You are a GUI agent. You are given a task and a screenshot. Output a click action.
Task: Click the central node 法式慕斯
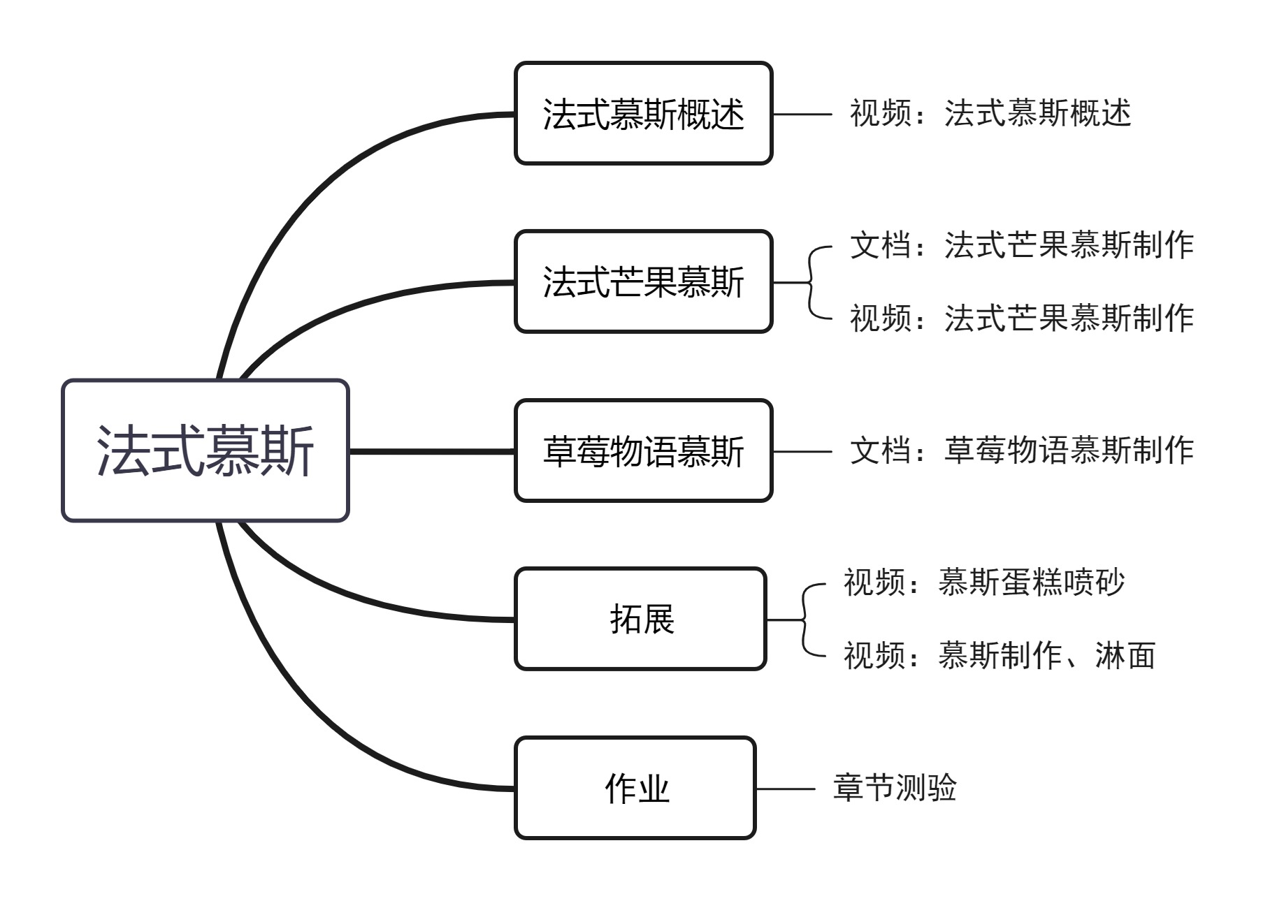pos(205,450)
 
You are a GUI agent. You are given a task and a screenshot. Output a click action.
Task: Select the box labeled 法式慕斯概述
pos(643,113)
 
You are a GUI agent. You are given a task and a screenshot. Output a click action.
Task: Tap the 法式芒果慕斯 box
pos(643,281)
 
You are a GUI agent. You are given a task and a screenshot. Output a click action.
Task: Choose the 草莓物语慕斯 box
pos(643,450)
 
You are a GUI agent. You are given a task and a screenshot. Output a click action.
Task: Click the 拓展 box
pos(640,619)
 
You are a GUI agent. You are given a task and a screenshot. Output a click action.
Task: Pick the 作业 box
pos(635,788)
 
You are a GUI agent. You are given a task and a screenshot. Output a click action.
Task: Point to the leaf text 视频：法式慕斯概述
pos(990,113)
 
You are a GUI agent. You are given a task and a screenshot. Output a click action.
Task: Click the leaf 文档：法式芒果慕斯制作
pos(1021,245)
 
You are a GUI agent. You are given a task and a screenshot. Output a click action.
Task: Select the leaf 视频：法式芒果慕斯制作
pos(1021,318)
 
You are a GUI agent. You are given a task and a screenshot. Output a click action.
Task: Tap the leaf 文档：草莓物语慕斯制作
pos(1021,450)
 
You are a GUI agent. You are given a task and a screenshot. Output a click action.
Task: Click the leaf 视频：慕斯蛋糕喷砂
pos(983,583)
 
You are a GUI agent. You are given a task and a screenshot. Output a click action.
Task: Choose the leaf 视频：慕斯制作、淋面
pos(999,655)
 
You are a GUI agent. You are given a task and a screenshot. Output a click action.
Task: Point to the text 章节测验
pos(894,788)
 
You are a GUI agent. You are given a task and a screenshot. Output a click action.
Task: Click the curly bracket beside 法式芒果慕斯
pos(811,282)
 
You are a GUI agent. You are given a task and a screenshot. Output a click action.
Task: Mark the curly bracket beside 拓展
pos(805,620)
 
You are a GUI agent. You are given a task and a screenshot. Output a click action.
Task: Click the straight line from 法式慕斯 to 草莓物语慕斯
pos(431,451)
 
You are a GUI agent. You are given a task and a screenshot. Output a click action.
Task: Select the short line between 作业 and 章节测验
pos(786,789)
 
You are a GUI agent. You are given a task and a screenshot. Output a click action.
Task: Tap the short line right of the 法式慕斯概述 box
pos(802,114)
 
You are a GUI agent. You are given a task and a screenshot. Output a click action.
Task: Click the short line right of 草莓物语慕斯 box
pos(802,451)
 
